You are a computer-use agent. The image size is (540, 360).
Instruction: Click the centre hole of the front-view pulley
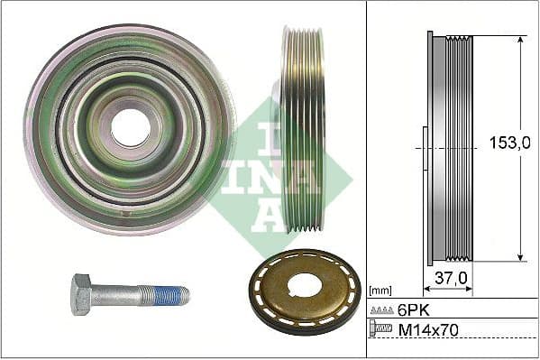(131, 127)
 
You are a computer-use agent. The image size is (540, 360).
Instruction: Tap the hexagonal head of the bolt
(81, 294)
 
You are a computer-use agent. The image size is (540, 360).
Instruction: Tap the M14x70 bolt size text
(428, 331)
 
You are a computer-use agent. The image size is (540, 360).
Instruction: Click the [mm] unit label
(380, 291)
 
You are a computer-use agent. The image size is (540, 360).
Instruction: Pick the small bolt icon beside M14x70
(380, 331)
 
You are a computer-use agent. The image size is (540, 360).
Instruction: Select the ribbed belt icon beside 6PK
(380, 309)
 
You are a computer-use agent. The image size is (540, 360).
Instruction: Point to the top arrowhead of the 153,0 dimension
(520, 41)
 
